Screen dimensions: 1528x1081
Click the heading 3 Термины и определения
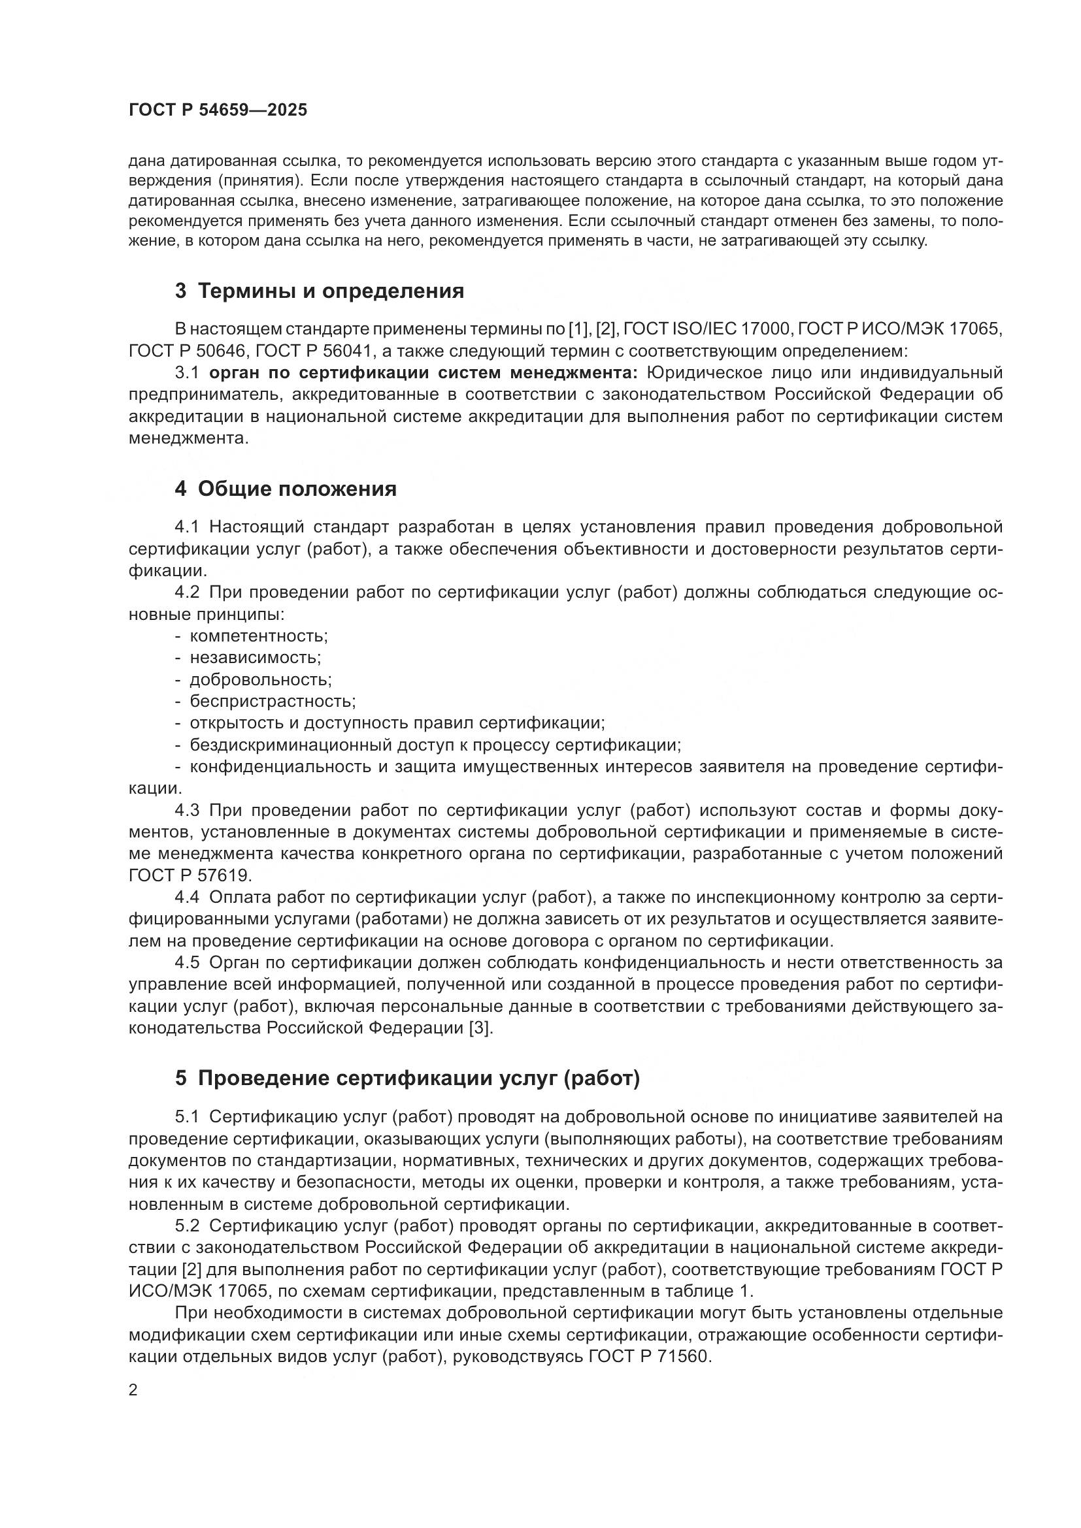[319, 291]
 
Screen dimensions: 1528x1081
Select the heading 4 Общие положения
[286, 489]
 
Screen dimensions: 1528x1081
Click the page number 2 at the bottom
[133, 1391]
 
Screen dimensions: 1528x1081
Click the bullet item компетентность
[258, 636]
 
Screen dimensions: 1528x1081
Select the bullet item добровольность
[260, 679]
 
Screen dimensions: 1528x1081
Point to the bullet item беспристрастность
[273, 702]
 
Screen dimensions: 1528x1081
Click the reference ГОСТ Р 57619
[190, 876]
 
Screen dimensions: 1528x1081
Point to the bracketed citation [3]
[480, 1028]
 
